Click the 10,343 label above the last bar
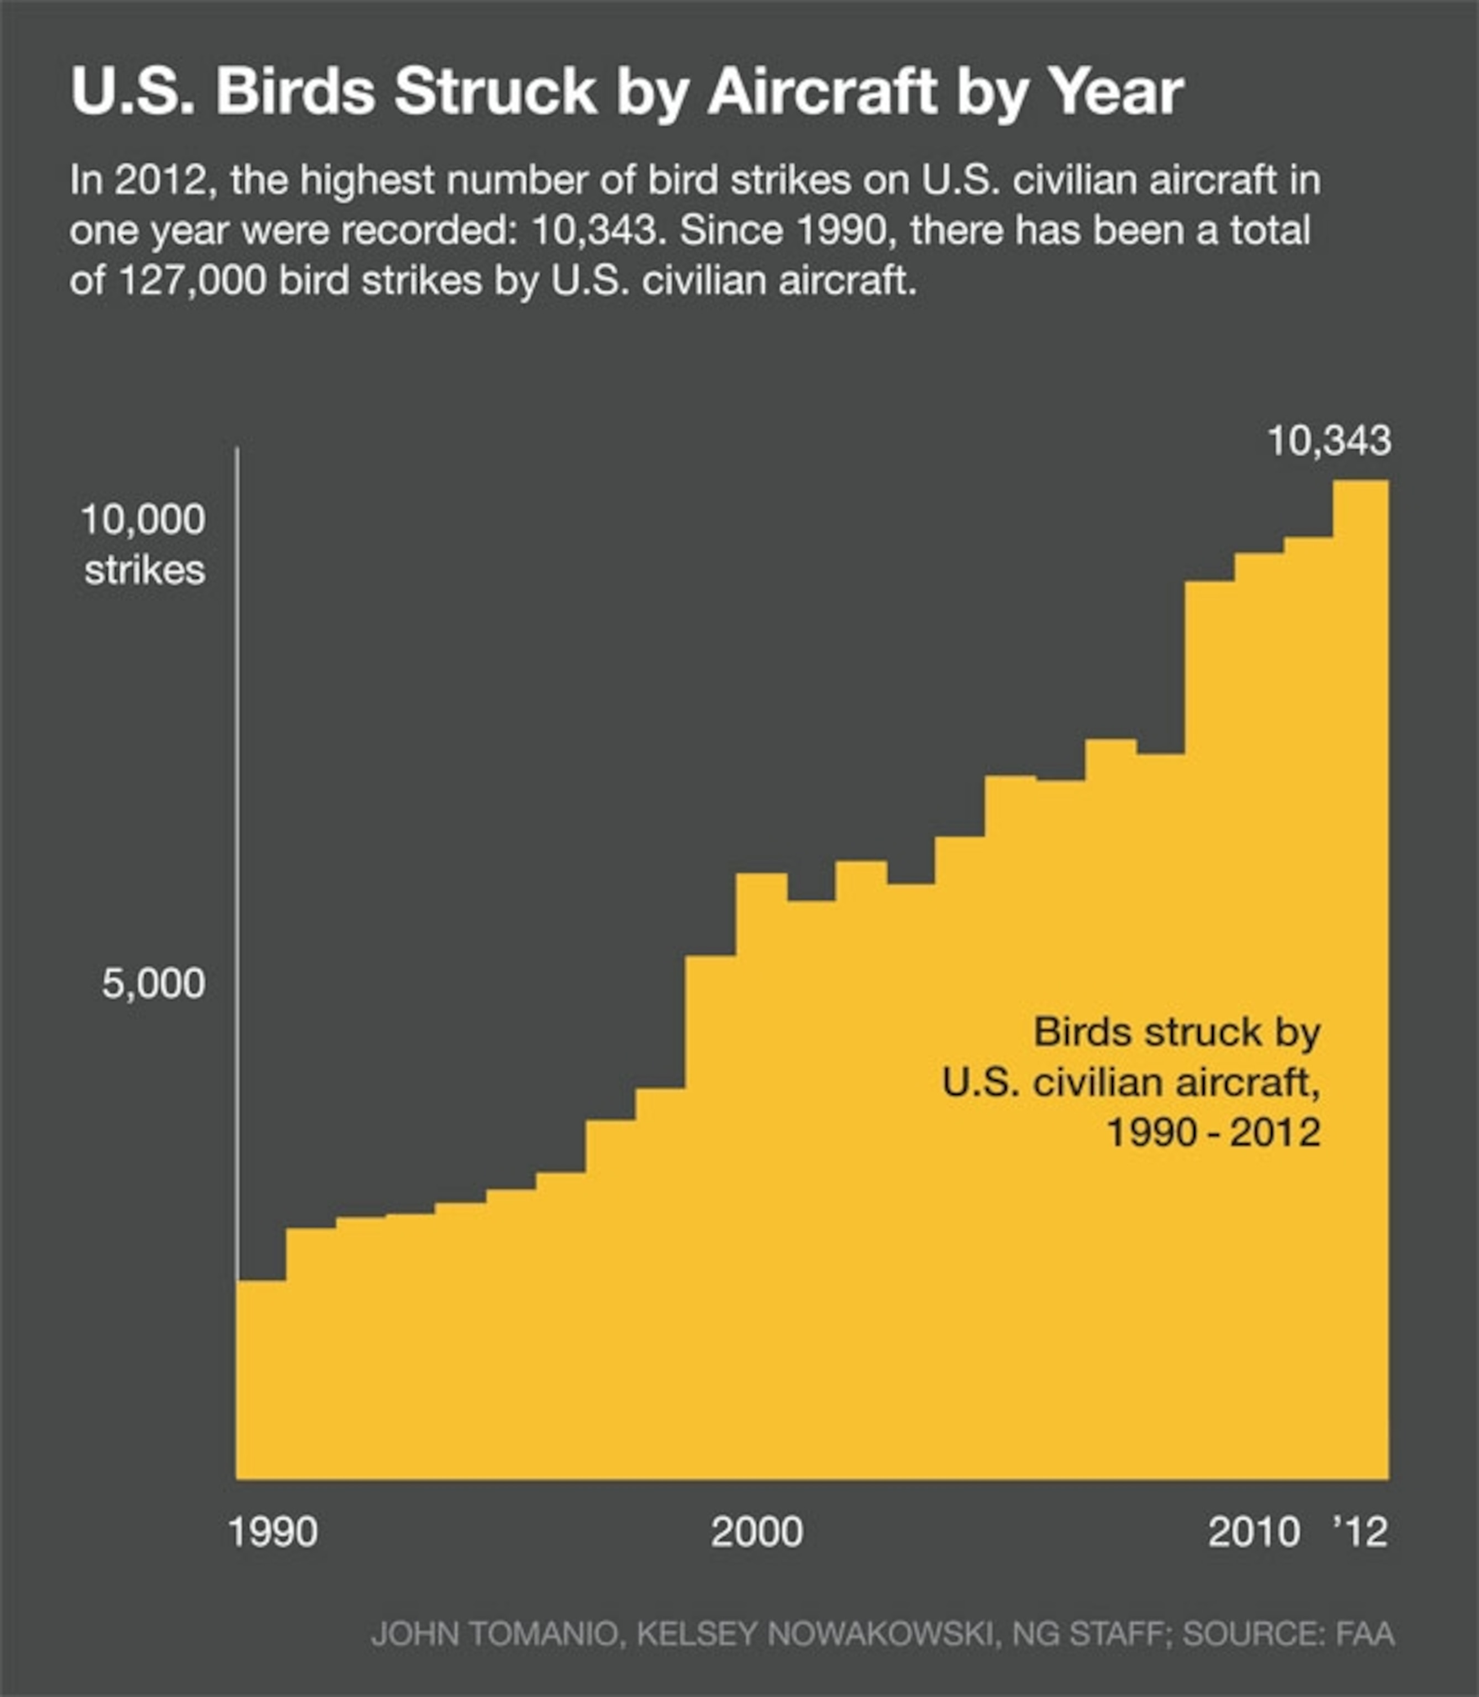tap(1329, 441)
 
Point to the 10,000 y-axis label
tap(143, 520)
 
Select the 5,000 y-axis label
tap(154, 984)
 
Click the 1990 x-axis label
tap(272, 1533)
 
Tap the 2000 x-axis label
tap(757, 1533)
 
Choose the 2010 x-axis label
tap(1254, 1533)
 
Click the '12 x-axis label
tap(1361, 1533)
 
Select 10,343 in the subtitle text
tap(594, 231)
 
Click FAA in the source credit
tap(1365, 1633)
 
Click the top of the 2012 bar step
tap(1360, 482)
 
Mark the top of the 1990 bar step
tap(262, 1281)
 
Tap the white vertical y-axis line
tap(238, 825)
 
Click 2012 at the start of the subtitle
tap(160, 181)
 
